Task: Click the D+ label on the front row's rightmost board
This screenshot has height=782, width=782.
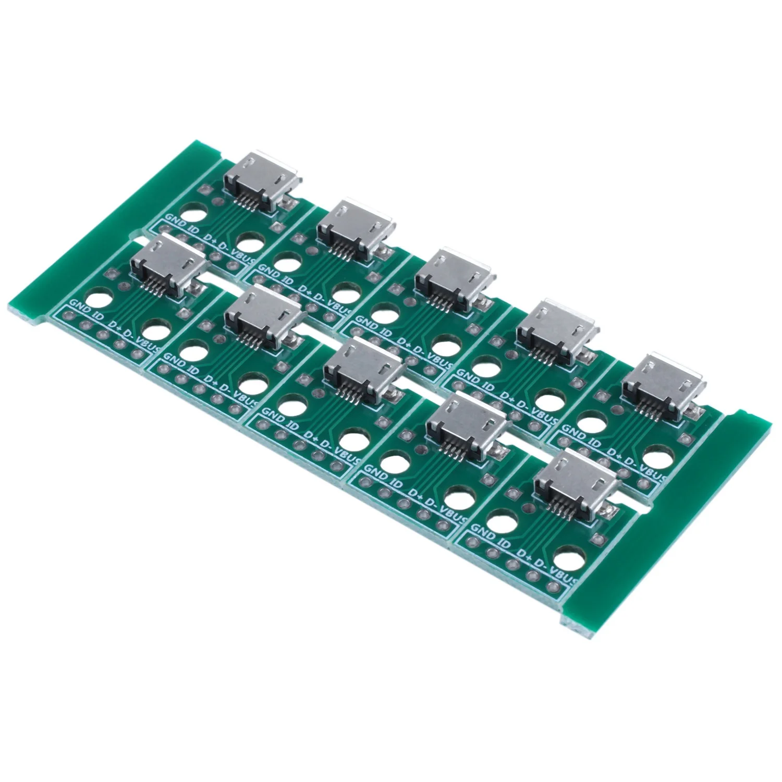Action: tap(526, 548)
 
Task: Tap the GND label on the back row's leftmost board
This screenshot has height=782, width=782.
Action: tap(175, 219)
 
